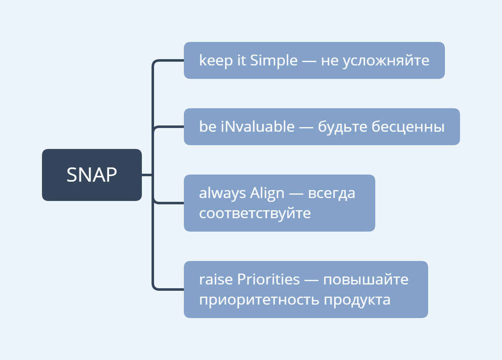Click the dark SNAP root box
92,175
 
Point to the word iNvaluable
258,126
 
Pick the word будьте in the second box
342,126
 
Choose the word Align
267,193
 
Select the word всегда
331,193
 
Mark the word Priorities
269,279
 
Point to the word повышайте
366,280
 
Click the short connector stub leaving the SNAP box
147,175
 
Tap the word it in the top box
241,60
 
